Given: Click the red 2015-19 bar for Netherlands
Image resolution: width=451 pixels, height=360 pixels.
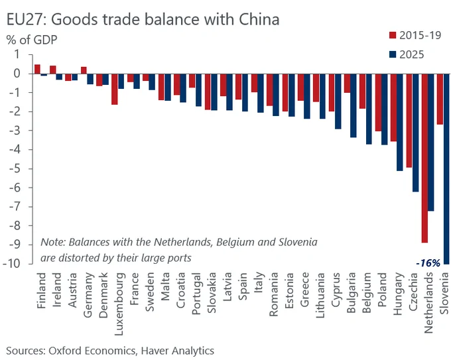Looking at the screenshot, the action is (x=424, y=158).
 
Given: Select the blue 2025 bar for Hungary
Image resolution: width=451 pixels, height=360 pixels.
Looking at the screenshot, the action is (x=400, y=122).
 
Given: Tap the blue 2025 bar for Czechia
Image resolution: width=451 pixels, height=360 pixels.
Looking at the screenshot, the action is (x=415, y=133).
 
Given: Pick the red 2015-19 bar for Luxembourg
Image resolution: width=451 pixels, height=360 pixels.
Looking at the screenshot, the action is (x=115, y=89).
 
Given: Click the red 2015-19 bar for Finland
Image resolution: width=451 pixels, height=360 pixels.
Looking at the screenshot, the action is (x=37, y=69).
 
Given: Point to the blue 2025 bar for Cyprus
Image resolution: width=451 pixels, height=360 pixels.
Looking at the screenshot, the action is (x=338, y=101).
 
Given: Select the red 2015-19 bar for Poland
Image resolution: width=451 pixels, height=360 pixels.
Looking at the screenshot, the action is (x=378, y=102).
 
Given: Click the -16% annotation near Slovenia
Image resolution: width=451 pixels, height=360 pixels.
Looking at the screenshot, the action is (x=428, y=263).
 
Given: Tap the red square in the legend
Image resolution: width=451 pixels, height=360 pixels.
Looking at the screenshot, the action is (x=393, y=35).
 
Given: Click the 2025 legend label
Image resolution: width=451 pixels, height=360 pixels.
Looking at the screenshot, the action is (x=412, y=54).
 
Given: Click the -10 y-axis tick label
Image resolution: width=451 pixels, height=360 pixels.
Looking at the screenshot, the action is (x=12, y=263).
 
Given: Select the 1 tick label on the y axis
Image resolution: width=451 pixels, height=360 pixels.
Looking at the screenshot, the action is (x=17, y=54).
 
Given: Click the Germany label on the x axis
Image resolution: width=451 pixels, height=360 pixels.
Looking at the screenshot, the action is (x=88, y=295).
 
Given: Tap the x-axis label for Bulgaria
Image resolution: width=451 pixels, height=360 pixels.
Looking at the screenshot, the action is (x=352, y=293).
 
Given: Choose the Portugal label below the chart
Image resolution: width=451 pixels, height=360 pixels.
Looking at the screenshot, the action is (x=196, y=294).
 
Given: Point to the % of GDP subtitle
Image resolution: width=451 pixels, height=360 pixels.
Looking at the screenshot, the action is (x=32, y=40).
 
